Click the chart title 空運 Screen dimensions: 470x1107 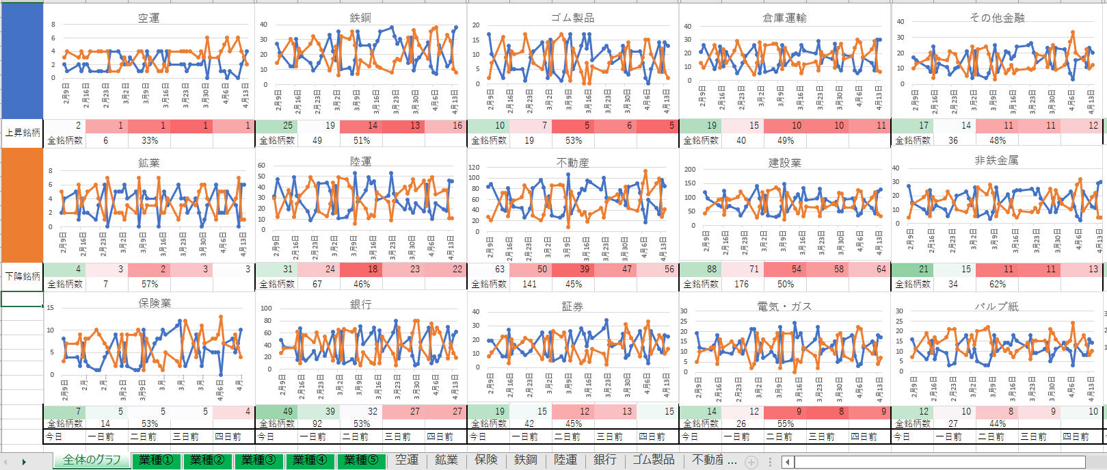coord(148,18)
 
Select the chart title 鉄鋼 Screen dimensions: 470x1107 coord(360,18)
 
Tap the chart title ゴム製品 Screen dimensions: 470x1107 coord(572,18)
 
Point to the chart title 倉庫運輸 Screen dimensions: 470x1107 coord(784,18)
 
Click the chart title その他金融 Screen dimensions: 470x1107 coord(997,18)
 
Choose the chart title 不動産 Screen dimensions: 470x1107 coord(572,163)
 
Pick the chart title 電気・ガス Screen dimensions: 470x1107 coord(784,306)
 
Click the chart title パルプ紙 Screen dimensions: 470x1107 coord(997,306)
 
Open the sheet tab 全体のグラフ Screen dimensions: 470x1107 coord(92,460)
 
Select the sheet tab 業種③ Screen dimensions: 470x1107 coord(258,460)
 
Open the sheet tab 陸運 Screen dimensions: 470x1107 coord(565,460)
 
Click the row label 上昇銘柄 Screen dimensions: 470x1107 coord(23,133)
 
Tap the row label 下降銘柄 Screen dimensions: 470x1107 coord(23,276)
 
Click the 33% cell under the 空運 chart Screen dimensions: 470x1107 coord(150,140)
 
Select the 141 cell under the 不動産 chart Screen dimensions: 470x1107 coord(529,284)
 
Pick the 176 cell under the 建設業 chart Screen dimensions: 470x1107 coord(741,284)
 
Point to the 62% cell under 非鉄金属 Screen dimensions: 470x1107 coord(998,284)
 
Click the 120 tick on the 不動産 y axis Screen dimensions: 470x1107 coord(474,167)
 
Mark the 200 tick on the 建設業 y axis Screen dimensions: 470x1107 coord(690,169)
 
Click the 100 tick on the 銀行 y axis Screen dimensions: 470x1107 coord(266,308)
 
